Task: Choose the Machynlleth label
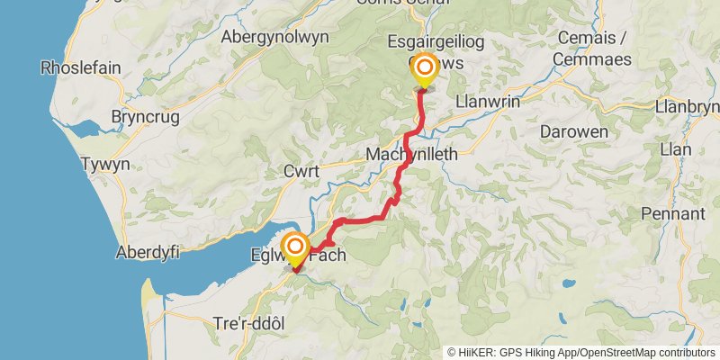pyautogui.click(x=412, y=155)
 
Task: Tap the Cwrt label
pyautogui.click(x=301, y=170)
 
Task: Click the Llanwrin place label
pyautogui.click(x=489, y=102)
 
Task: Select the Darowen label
pyautogui.click(x=572, y=131)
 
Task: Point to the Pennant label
pyautogui.click(x=672, y=214)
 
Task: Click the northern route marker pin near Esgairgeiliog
pyautogui.click(x=422, y=68)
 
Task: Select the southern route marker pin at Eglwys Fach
pyautogui.click(x=295, y=247)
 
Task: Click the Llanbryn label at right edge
pyautogui.click(x=688, y=106)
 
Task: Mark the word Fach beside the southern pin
pyautogui.click(x=328, y=256)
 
